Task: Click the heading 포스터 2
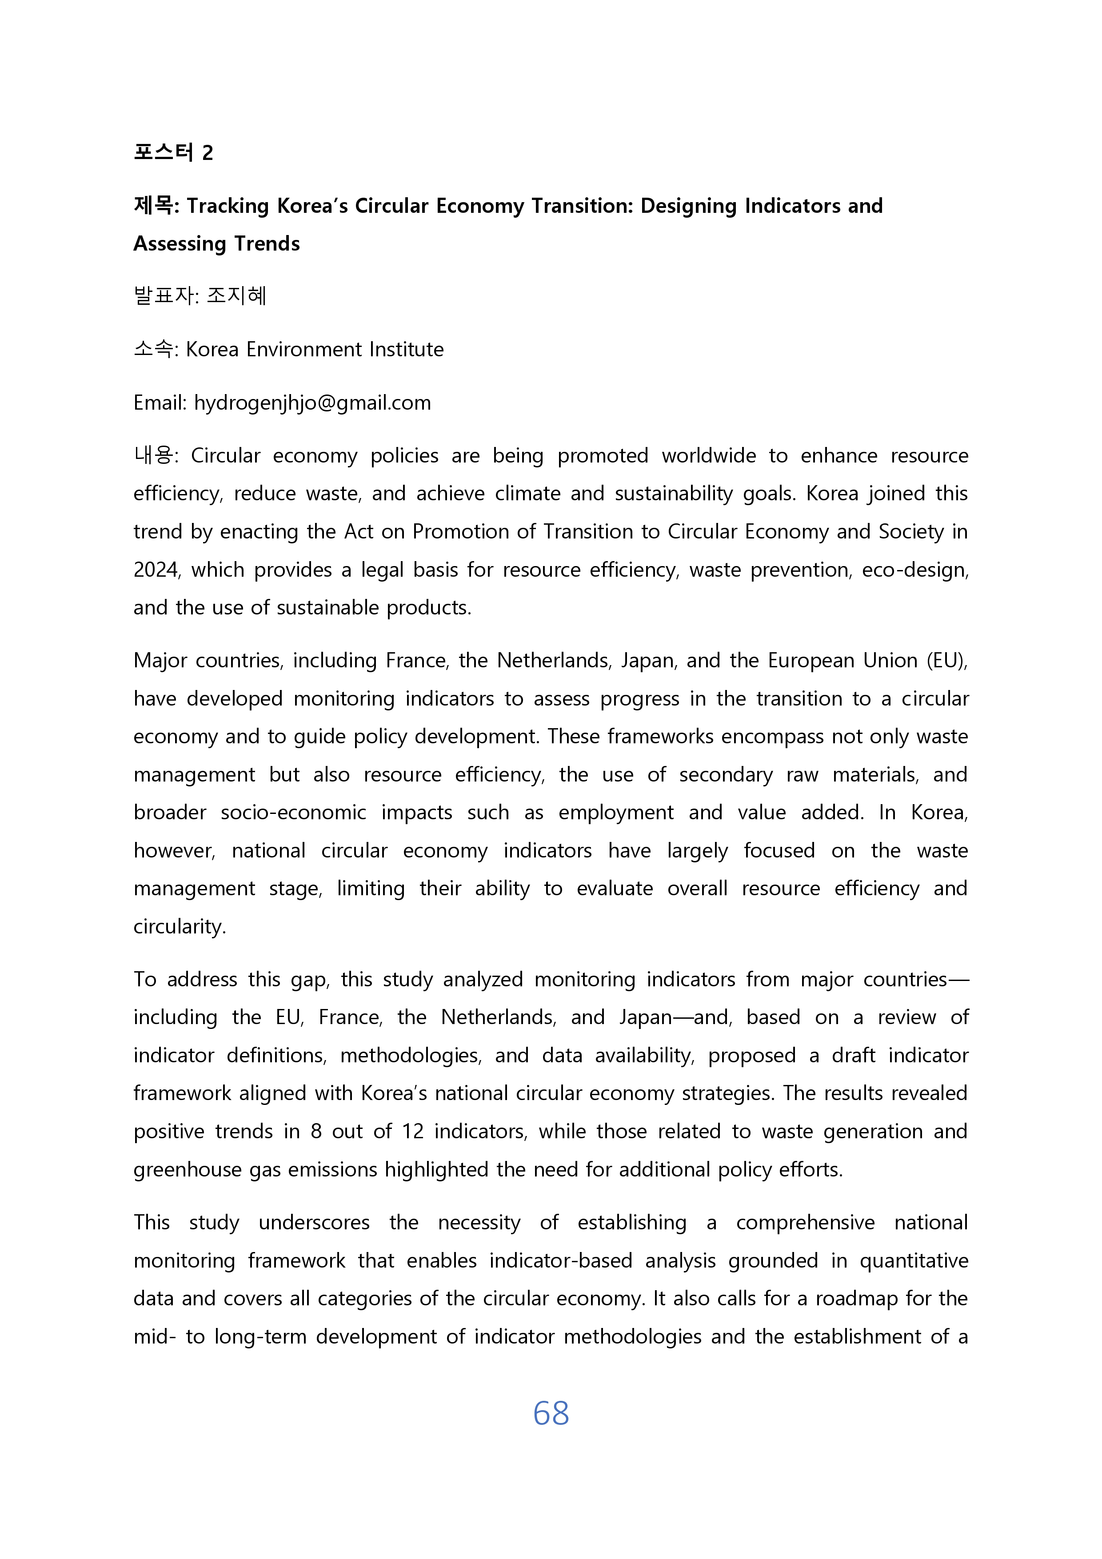pyautogui.click(x=173, y=152)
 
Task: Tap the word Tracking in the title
pyautogui.click(x=228, y=206)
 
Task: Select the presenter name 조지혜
pyautogui.click(x=236, y=295)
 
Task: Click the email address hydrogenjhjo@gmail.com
pyautogui.click(x=312, y=403)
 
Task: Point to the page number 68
pyautogui.click(x=551, y=1413)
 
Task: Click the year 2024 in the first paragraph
pyautogui.click(x=156, y=570)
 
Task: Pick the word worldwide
pyautogui.click(x=708, y=455)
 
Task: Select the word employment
pyautogui.click(x=616, y=813)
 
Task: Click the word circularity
pyautogui.click(x=179, y=927)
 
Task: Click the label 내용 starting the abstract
pyautogui.click(x=153, y=455)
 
